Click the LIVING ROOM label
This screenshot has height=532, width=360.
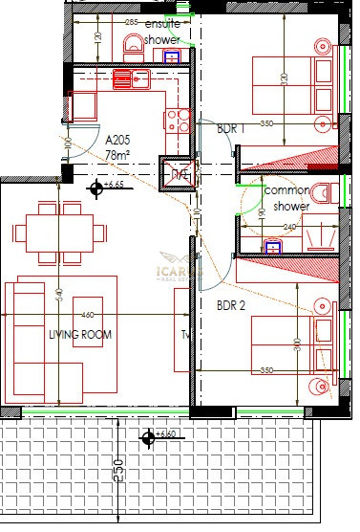pos(79,335)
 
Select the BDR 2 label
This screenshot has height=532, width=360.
pos(231,307)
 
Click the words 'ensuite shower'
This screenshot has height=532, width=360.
pos(162,30)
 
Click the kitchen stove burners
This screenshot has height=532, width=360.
pos(178,120)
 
